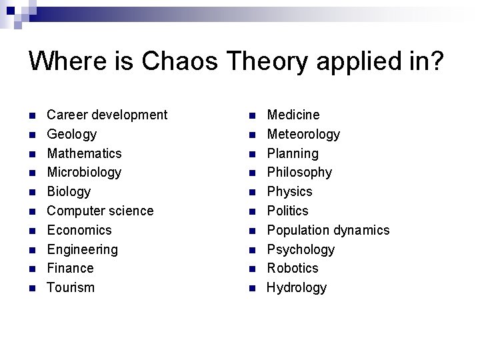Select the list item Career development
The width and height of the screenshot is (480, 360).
click(x=107, y=115)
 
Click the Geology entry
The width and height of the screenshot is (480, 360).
click(x=71, y=134)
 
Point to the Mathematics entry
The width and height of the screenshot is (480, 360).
click(x=84, y=153)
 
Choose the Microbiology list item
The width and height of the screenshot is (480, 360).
click(x=84, y=172)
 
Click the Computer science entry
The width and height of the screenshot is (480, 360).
click(x=100, y=211)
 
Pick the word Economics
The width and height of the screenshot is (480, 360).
click(x=79, y=230)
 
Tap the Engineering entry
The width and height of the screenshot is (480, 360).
click(x=82, y=249)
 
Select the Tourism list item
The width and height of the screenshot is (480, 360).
click(x=71, y=287)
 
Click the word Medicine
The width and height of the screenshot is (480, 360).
click(x=293, y=115)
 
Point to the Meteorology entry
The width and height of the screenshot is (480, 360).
click(x=303, y=134)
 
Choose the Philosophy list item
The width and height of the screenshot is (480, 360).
click(x=299, y=172)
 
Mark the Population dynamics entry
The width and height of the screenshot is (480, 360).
click(x=328, y=230)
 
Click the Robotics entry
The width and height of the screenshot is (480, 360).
click(x=293, y=268)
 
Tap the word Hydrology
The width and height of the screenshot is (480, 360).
click(x=297, y=287)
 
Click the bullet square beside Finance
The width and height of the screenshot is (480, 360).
click(x=32, y=269)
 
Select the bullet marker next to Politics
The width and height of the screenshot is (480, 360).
click(x=252, y=211)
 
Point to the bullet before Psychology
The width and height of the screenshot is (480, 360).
click(x=252, y=250)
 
